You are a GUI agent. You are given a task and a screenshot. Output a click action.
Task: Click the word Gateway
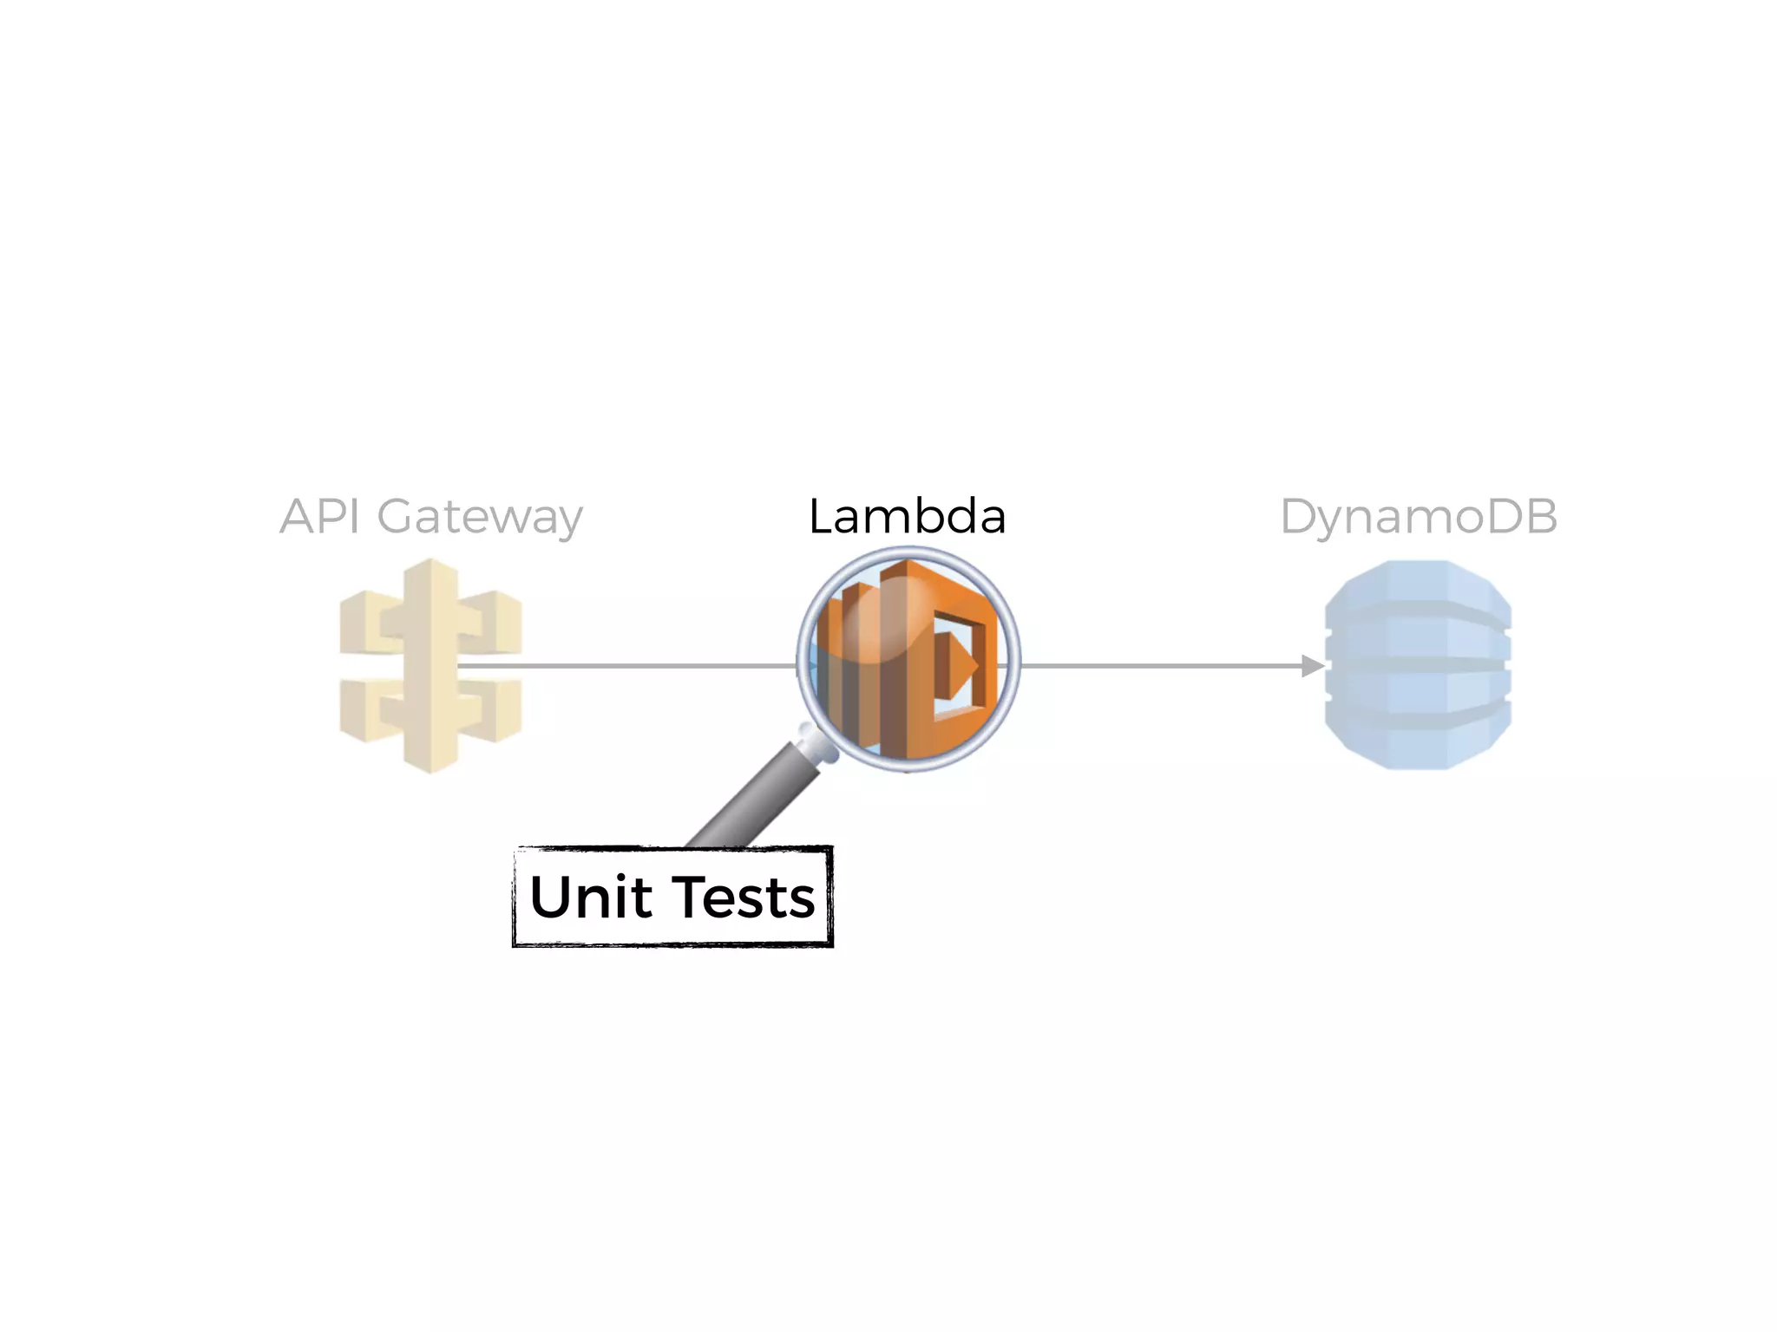[480, 519]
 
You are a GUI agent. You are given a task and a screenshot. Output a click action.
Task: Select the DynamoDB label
[1419, 517]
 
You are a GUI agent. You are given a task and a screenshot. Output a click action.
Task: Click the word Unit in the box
[590, 897]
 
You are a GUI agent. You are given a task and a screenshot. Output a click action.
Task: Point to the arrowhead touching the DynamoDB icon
[1312, 666]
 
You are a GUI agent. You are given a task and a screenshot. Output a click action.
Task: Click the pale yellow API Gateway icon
[430, 666]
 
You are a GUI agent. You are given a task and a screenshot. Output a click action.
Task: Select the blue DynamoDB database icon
[1418, 664]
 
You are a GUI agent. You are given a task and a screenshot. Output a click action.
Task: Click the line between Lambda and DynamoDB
[1163, 666]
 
